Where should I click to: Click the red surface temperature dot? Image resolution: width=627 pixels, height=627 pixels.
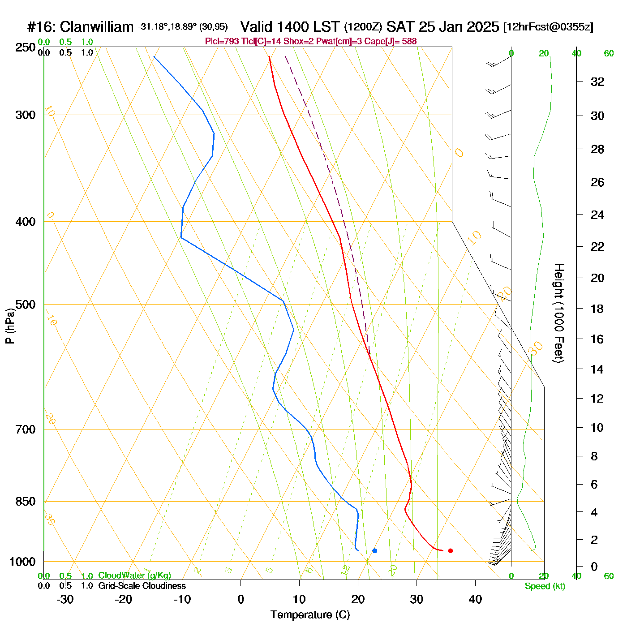pos(451,550)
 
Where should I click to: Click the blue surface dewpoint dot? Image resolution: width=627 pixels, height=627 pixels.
pos(374,550)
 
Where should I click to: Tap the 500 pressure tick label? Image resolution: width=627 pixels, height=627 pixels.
pos(26,305)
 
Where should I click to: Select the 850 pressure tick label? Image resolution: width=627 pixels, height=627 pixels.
pos(26,502)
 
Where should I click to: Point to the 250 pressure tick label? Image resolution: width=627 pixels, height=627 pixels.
pos(26,47)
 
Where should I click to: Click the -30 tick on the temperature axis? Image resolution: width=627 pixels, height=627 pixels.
pos(65,599)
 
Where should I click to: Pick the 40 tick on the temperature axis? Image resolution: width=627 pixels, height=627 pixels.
pos(475,599)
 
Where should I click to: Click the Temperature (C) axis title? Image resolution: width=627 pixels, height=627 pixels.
pos(310,615)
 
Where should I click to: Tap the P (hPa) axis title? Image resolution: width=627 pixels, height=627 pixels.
pos(10,326)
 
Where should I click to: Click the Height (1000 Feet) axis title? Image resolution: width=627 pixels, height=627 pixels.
pos(558,313)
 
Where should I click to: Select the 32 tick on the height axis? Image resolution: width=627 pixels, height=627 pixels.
pos(597,82)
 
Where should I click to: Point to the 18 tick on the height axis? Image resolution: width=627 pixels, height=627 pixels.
pos(597,309)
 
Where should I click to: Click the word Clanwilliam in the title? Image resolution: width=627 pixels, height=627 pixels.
pos(97,27)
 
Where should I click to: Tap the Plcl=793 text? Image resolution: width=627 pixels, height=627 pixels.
pos(222,42)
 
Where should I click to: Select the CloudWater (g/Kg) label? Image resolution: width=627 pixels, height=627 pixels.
pos(134,575)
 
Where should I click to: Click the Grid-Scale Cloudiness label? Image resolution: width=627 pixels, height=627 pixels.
pos(142,586)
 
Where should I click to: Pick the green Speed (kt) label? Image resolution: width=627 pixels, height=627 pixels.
pos(545,586)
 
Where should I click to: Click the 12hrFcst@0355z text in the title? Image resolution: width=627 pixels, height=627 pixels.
pos(548,27)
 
